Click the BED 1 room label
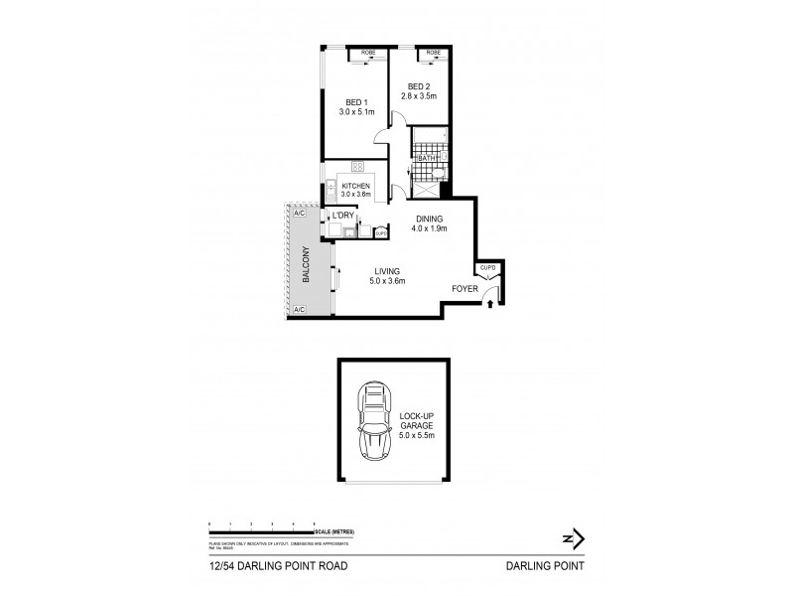coord(356,102)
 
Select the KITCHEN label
coord(355,186)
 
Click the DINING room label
coord(430,220)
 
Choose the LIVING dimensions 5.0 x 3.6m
coord(388,282)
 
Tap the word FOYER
coord(465,290)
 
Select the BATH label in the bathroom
coord(427,159)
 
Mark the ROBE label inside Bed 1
coord(366,52)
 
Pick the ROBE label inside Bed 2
coord(433,52)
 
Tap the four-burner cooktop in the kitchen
coord(355,168)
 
